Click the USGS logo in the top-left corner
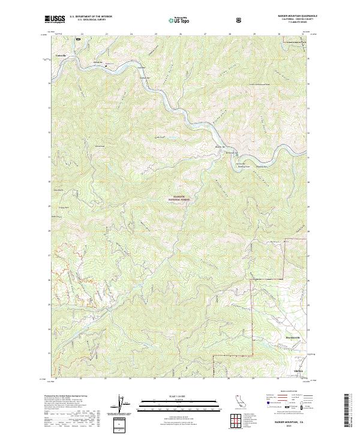(55, 19)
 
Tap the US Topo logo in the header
(175, 19)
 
